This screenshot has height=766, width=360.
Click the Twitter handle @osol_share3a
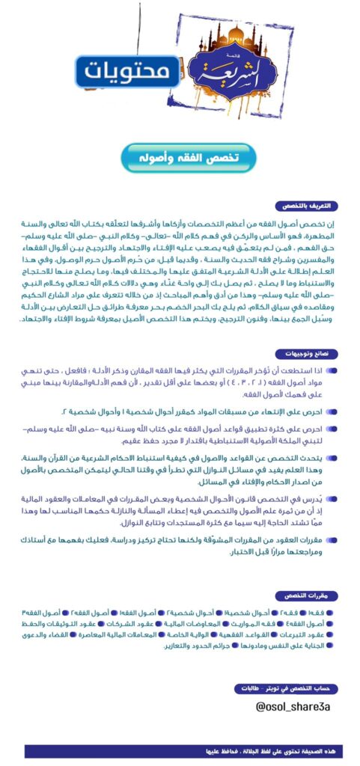coord(291,705)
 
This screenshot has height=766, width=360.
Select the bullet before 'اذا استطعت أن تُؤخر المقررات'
coord(332,370)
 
